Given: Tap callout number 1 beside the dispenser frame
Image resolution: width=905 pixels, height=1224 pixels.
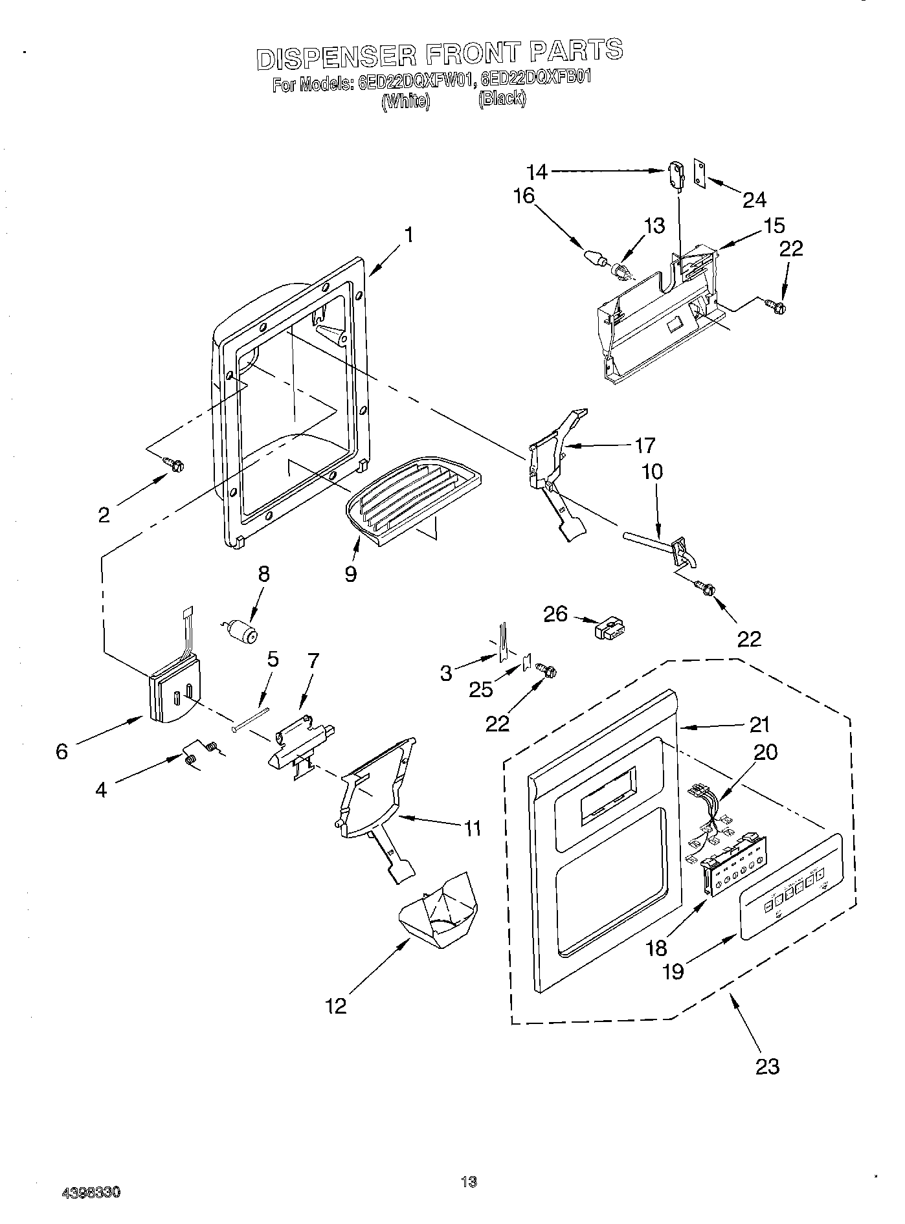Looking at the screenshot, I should coord(409,234).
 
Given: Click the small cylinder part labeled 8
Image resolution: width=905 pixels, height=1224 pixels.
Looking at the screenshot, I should coord(242,630).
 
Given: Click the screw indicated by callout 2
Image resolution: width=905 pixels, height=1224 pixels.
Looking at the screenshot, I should coord(175,463).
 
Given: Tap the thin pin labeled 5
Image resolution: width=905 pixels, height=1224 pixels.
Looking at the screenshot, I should coord(251,720).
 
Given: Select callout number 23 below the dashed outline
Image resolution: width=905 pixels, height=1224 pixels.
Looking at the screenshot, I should coord(768,1066).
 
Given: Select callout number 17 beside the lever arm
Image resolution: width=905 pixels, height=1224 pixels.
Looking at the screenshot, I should coord(644,445).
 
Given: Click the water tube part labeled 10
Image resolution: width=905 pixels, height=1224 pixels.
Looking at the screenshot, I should coord(654,540).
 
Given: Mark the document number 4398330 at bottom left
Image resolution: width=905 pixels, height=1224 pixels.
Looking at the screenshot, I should coord(92,1192).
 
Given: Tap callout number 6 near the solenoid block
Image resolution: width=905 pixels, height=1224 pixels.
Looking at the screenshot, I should coord(61,752).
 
